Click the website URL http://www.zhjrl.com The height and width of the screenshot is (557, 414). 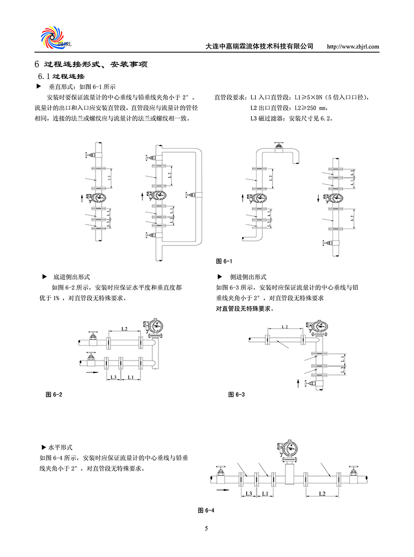pyautogui.click(x=354, y=46)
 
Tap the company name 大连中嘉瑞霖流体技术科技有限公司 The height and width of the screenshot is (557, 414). pyautogui.click(x=259, y=46)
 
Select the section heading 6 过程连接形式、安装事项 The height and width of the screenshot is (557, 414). pyautogui.click(x=91, y=65)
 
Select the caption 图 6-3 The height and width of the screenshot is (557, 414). pyautogui.click(x=236, y=395)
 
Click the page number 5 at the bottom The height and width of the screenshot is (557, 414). pyautogui.click(x=206, y=529)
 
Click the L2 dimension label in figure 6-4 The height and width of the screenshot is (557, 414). pyautogui.click(x=322, y=494)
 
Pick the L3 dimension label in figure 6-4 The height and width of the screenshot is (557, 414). pyautogui.click(x=248, y=494)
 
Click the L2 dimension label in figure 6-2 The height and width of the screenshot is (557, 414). pyautogui.click(x=124, y=328)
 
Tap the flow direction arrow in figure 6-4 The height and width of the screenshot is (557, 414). pyautogui.click(x=224, y=491)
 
